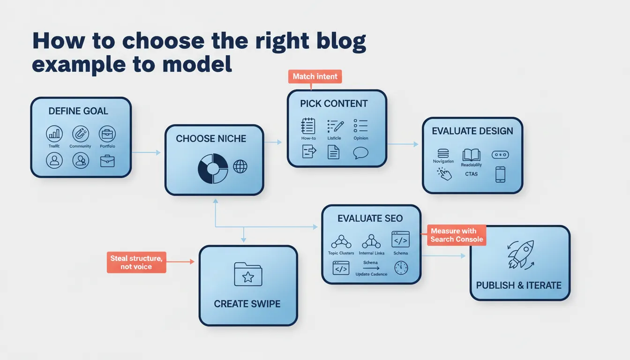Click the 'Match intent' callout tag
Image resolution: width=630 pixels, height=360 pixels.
pos(315,76)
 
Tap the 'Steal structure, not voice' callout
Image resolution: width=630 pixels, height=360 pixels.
pos(136,262)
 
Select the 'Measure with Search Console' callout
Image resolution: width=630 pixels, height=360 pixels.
pos(456,235)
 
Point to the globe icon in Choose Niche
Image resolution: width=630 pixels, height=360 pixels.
pos(240,166)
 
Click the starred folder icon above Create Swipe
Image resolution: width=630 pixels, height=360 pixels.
pos(248,275)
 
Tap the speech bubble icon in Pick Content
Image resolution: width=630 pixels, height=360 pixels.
pos(361,152)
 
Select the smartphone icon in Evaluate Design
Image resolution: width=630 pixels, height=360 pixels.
pos(500,174)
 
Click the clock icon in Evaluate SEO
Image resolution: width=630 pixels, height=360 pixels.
pos(401,268)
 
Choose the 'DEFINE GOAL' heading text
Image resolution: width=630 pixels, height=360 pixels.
pos(78,111)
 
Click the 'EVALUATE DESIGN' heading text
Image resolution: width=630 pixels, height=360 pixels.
pos(472,131)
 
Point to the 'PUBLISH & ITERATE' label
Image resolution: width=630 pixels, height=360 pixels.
pos(518,285)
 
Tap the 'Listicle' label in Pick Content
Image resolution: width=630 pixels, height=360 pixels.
pos(334,138)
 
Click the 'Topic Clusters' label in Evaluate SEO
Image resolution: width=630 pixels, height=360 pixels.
pos(341,253)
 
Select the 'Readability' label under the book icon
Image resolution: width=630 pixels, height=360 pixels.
pos(471,165)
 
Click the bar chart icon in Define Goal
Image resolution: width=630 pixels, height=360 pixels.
pos(54,134)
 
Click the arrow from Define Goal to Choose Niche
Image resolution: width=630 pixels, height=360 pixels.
pos(146,152)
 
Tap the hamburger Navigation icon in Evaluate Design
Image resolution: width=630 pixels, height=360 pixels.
pos(443,154)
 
